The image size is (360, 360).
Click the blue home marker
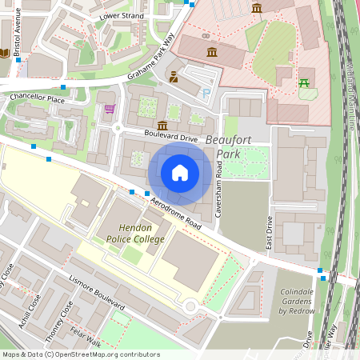coord(180,173)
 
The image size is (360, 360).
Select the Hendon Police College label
coord(131,234)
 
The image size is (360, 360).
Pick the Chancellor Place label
coord(37,99)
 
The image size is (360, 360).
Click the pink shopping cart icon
coord(110,108)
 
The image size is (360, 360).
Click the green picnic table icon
coord(304,82)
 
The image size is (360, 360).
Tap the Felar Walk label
coord(82,339)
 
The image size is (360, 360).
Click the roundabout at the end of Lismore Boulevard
coord(190,306)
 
